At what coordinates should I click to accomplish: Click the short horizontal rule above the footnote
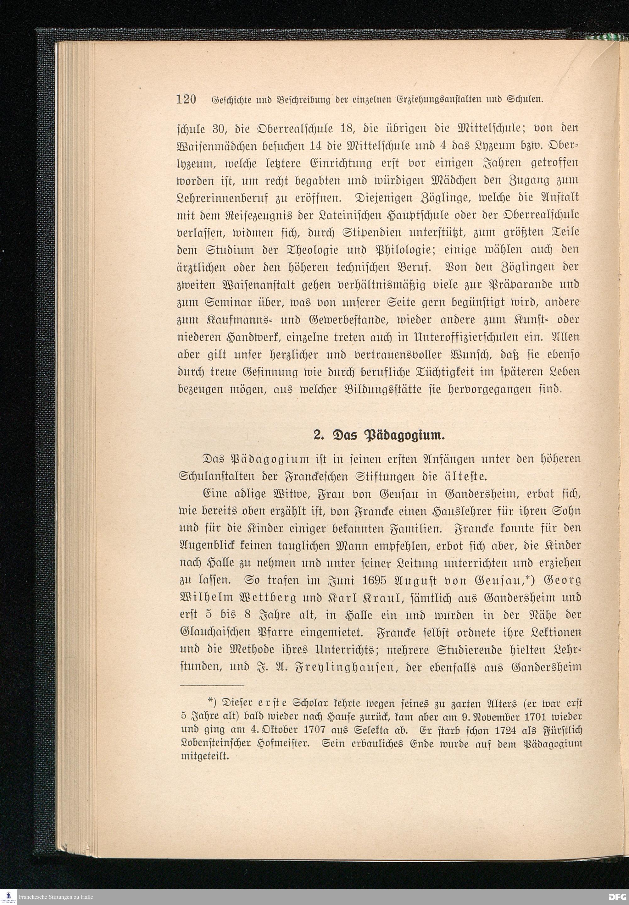click(212, 685)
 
